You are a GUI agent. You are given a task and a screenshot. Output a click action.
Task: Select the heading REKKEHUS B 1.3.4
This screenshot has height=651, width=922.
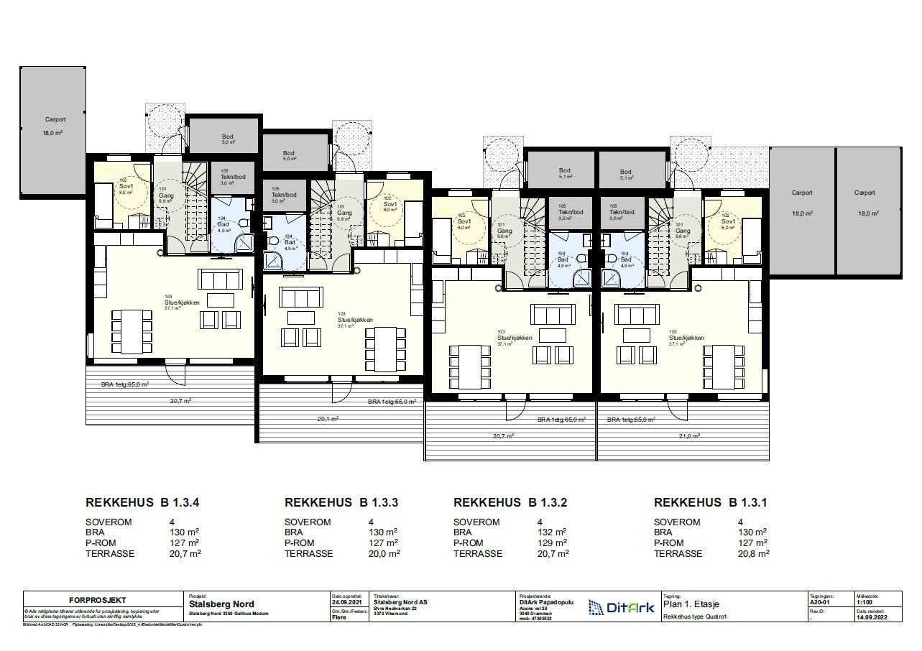coord(142,503)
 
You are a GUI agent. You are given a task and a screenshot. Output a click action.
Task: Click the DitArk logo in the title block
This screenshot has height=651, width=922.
coord(621,608)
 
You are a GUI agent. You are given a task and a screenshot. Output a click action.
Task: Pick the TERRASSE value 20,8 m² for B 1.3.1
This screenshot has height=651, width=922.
coord(752,554)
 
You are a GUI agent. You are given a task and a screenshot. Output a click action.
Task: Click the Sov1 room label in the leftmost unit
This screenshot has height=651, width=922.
coord(126,186)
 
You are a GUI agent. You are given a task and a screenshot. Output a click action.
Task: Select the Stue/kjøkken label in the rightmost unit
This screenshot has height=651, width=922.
coord(686,337)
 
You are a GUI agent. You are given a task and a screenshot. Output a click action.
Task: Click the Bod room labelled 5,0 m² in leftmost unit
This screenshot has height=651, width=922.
coord(228,139)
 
